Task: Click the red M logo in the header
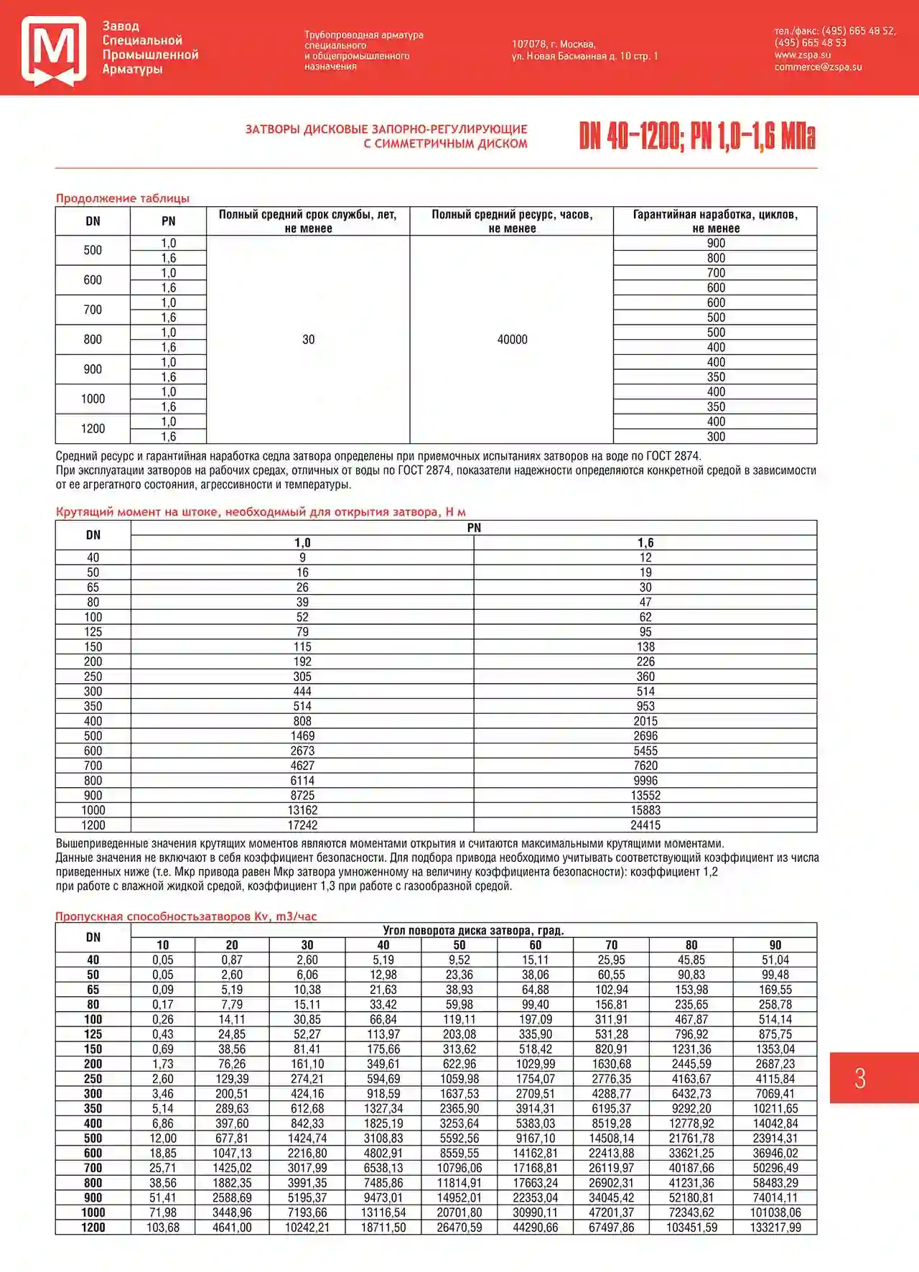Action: pos(54,50)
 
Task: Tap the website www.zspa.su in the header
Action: pos(802,55)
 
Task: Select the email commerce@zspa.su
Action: pos(818,67)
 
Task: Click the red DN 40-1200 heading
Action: pos(696,136)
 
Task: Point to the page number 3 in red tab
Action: pos(860,1078)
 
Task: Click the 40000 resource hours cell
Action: pos(512,339)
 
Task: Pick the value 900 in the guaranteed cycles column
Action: pos(715,243)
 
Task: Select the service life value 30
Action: pos(308,339)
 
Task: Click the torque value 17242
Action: pos(302,825)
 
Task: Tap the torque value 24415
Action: pos(645,825)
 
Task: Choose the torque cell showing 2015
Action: pos(645,721)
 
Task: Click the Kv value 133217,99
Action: pos(775,1227)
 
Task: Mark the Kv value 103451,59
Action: pos(691,1227)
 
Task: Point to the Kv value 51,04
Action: pos(775,960)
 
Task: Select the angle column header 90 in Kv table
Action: pos(775,945)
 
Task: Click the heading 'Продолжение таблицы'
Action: pos(123,198)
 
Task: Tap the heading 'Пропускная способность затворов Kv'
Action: pos(186,916)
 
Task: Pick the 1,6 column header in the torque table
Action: pos(645,543)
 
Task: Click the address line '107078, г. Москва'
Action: pos(553,44)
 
